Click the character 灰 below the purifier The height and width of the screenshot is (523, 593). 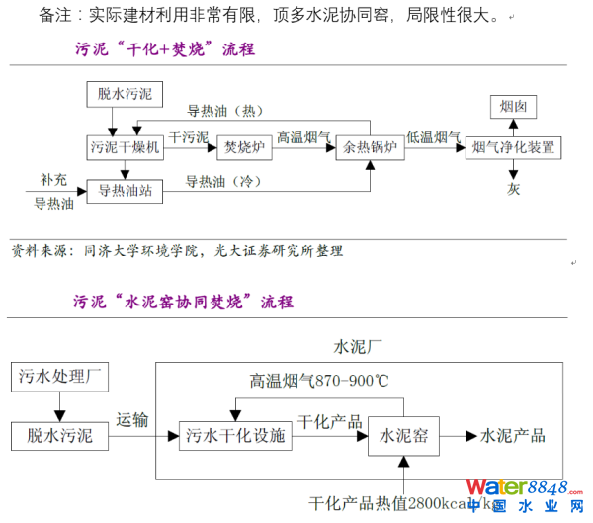click(514, 188)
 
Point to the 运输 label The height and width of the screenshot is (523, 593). click(132, 419)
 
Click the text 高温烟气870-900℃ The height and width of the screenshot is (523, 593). click(318, 380)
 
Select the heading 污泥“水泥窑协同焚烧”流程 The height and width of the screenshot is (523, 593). click(183, 301)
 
